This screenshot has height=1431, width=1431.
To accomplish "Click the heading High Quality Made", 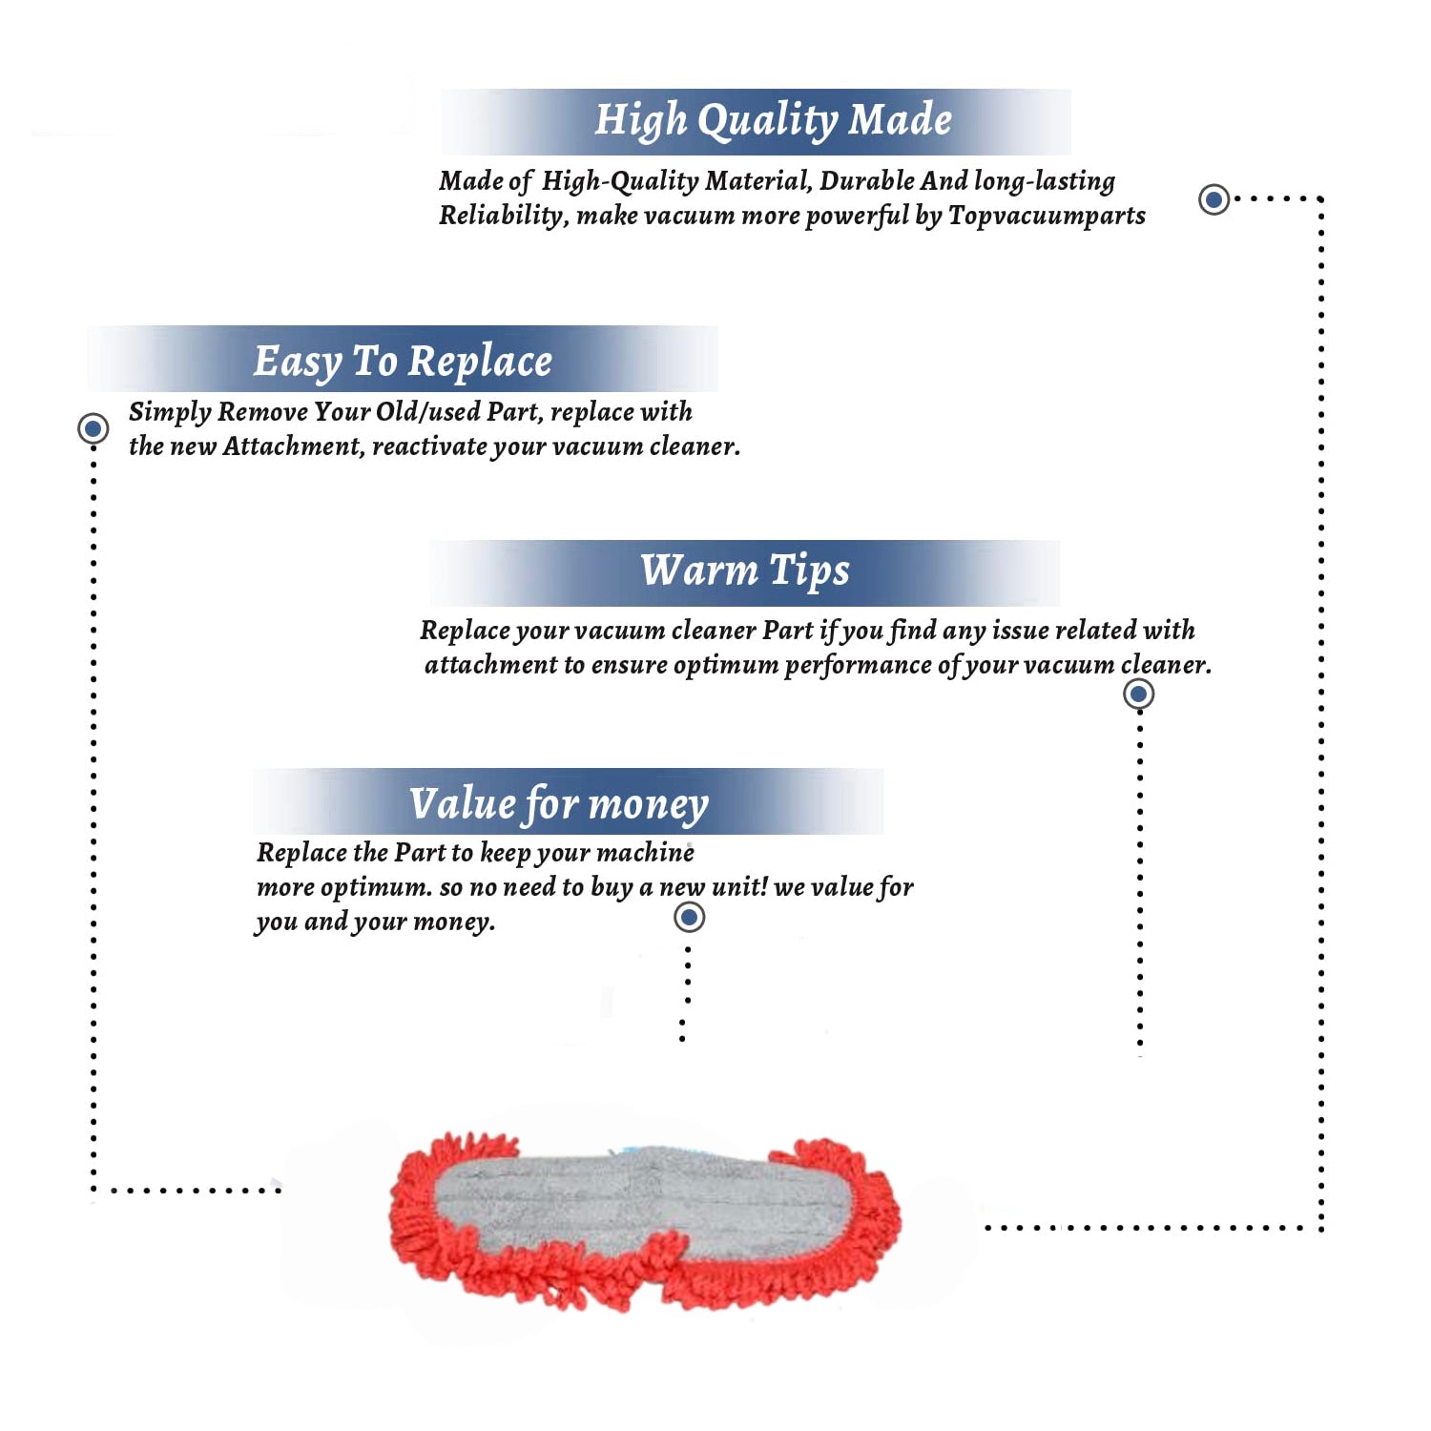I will coord(773,121).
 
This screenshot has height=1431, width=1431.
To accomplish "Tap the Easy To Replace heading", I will coord(403,362).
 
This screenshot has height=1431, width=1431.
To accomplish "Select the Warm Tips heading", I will coord(744,571).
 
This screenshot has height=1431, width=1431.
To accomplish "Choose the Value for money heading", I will coord(559,803).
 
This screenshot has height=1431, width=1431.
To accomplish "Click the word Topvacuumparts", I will coord(1047,216).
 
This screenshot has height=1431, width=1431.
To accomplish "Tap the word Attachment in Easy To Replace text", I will coord(292,446).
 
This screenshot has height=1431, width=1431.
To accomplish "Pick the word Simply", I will coord(169,412).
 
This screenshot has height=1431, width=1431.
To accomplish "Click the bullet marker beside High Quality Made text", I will coord(1213,199).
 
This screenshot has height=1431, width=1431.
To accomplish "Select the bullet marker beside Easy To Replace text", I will coord(93,428).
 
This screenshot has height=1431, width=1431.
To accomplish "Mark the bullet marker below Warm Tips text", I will coord(1138,694).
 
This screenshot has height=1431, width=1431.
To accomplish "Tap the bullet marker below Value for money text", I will coord(689,918).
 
